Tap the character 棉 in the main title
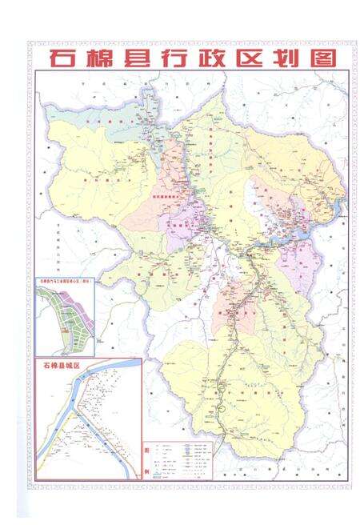102,58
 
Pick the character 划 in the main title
290,58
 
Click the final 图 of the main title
323,58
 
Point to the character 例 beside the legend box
146,470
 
